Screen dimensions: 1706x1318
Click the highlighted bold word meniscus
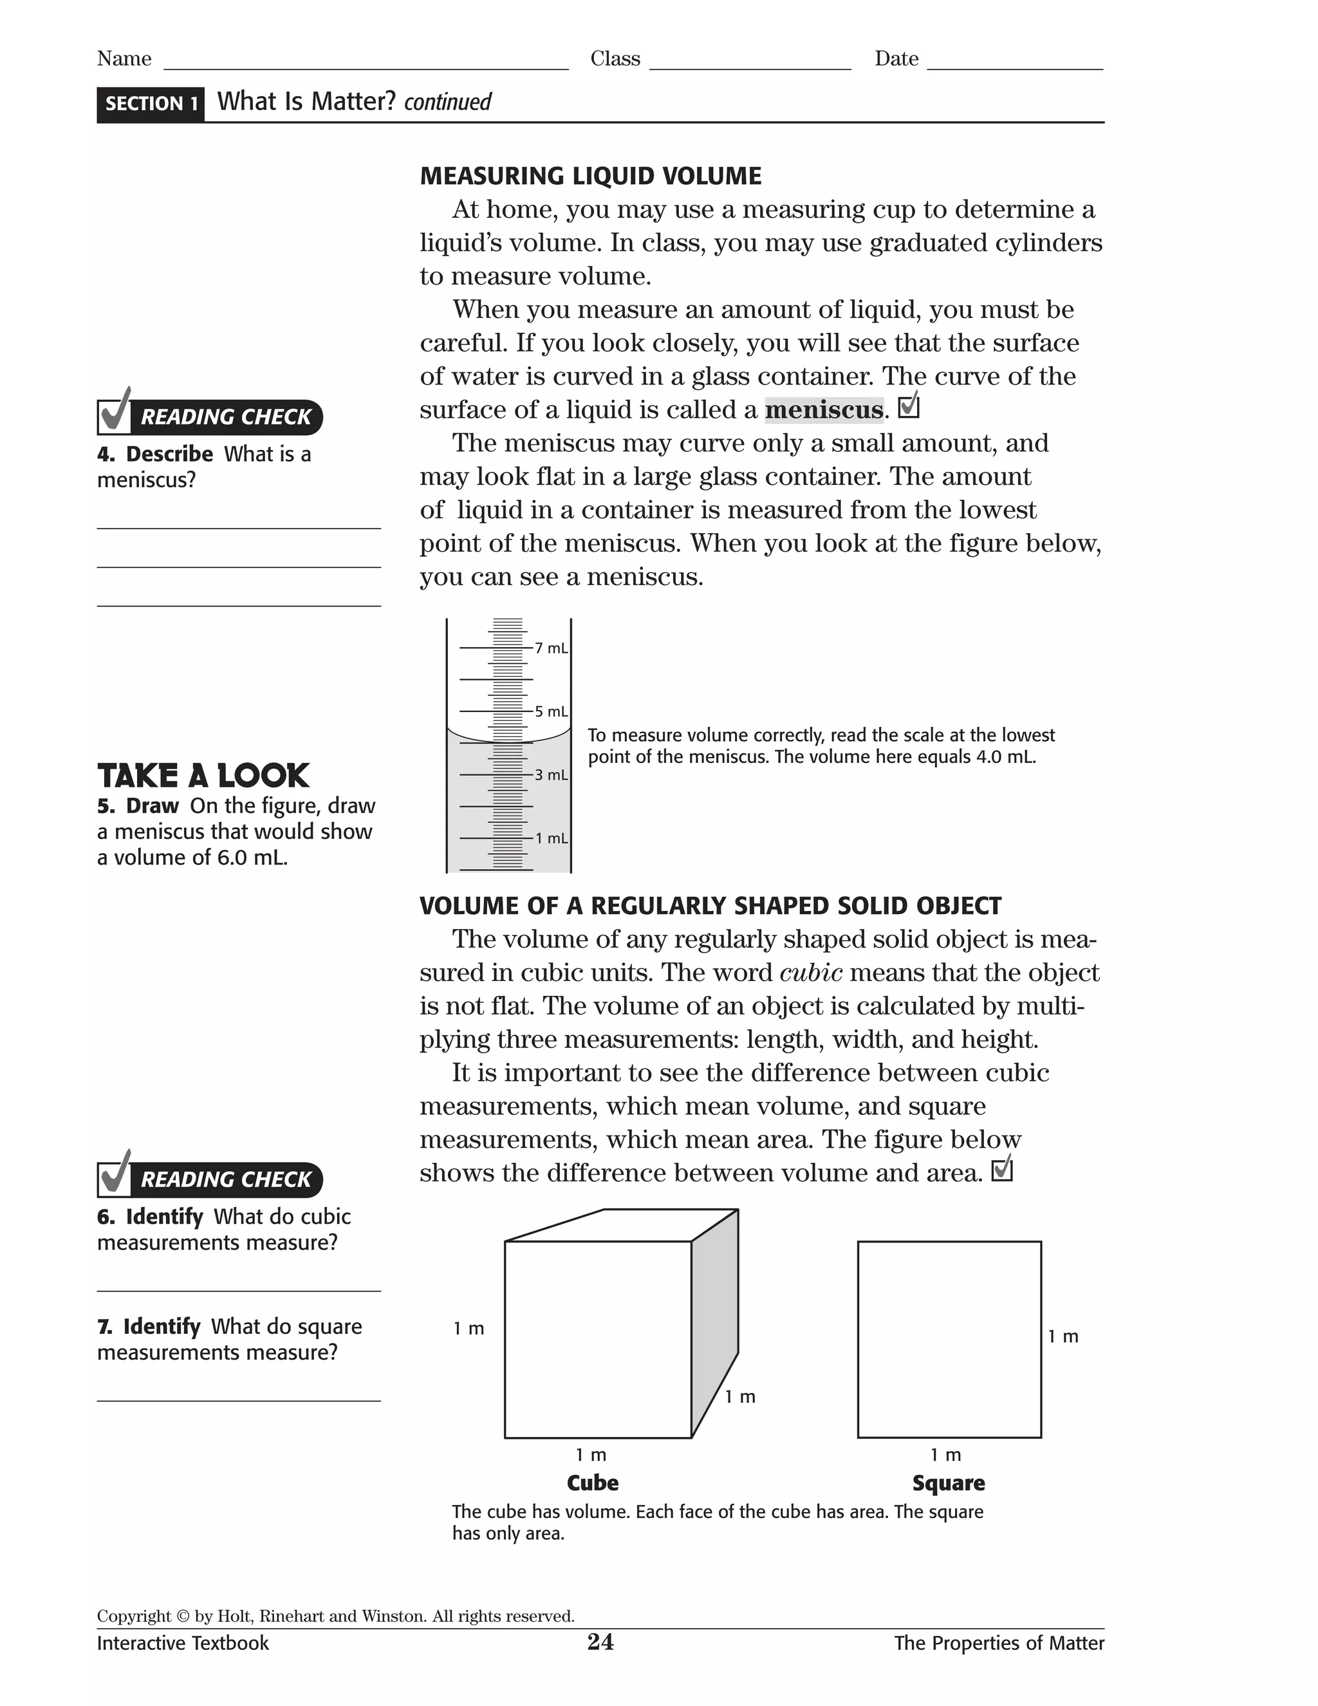point(824,410)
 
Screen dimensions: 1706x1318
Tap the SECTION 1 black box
point(151,104)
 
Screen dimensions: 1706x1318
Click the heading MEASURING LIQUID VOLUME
point(590,176)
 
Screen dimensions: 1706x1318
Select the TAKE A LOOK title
point(204,776)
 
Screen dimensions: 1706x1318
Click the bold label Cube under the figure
point(593,1483)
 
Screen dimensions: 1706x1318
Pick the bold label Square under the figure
point(948,1483)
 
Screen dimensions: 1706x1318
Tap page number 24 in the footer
point(600,1642)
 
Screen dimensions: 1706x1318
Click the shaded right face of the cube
point(714,1320)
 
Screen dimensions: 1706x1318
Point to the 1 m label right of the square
point(1063,1336)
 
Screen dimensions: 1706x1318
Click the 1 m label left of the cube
point(469,1329)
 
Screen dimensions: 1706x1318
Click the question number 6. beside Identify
point(106,1217)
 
